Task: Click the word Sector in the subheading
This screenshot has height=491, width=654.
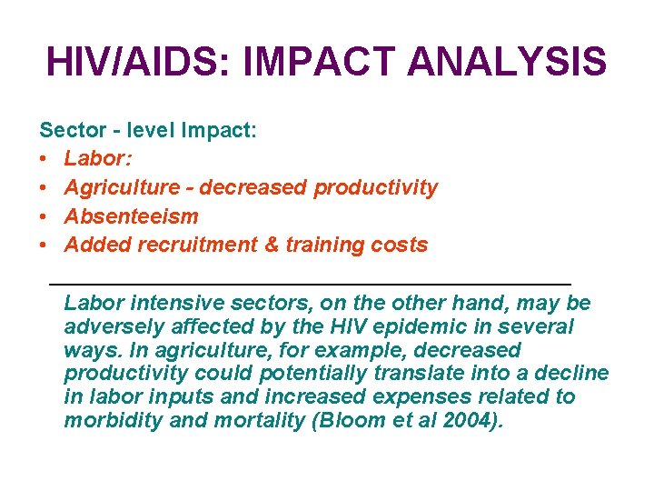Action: (69, 131)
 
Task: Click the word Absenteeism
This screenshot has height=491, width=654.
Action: (131, 216)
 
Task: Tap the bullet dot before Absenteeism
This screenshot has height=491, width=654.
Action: (44, 216)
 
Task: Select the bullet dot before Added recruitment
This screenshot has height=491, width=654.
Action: (44, 245)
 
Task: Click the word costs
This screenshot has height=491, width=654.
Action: (399, 245)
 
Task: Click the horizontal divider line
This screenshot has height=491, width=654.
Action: (309, 285)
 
